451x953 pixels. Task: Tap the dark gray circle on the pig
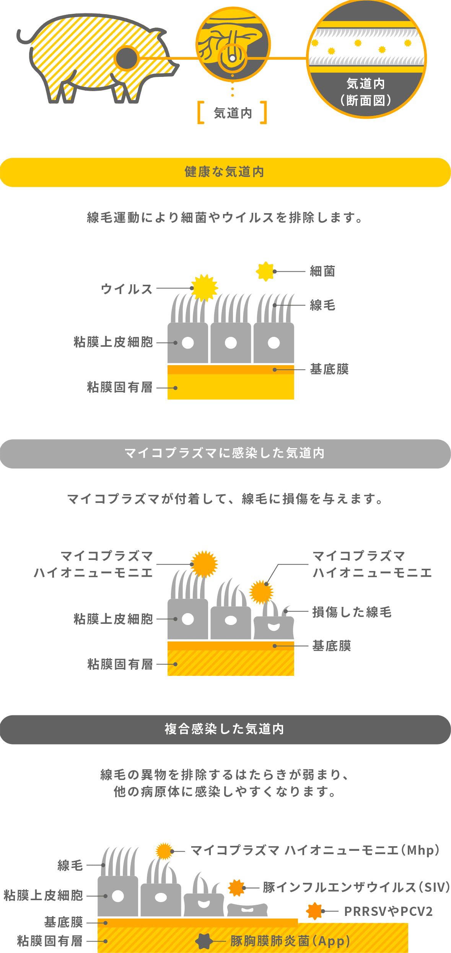pyautogui.click(x=127, y=58)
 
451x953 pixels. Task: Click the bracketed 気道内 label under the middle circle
pyautogui.click(x=232, y=113)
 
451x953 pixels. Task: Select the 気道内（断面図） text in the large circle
pyautogui.click(x=366, y=92)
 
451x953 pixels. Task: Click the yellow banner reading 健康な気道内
pyautogui.click(x=225, y=172)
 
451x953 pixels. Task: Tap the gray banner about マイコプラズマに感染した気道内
pyautogui.click(x=225, y=454)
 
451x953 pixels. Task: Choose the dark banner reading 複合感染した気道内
pyautogui.click(x=225, y=729)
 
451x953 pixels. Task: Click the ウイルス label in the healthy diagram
pyautogui.click(x=127, y=289)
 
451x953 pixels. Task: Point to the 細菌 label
pyautogui.click(x=322, y=271)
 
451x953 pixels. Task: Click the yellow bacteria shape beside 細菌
pyautogui.click(x=265, y=271)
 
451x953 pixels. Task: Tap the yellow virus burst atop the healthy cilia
pyautogui.click(x=204, y=288)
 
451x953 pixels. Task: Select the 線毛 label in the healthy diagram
pyautogui.click(x=322, y=305)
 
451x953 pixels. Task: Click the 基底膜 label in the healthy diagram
pyautogui.click(x=329, y=369)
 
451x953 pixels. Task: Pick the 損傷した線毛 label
pyautogui.click(x=352, y=612)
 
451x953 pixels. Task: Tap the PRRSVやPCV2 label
pyautogui.click(x=388, y=911)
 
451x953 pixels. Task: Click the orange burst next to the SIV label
pyautogui.click(x=236, y=888)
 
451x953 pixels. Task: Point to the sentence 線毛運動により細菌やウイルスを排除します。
pyautogui.click(x=225, y=218)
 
